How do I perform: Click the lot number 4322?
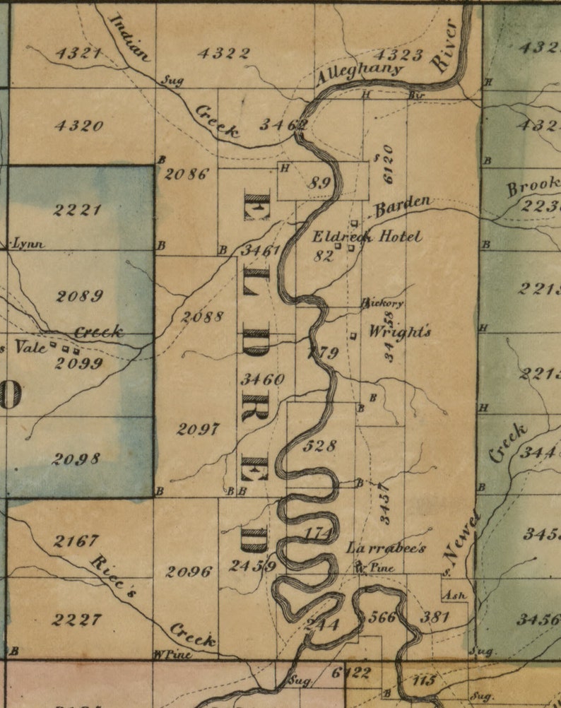point(223,53)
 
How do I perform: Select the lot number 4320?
point(78,126)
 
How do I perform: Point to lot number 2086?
point(187,173)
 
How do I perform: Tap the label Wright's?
point(400,331)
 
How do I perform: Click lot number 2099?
point(80,363)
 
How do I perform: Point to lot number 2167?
point(76,541)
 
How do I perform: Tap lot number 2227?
point(77,620)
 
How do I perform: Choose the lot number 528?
point(319,446)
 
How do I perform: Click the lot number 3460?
point(262,379)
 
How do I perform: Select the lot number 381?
point(435,617)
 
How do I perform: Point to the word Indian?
point(130,37)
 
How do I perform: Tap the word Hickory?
point(383,303)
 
